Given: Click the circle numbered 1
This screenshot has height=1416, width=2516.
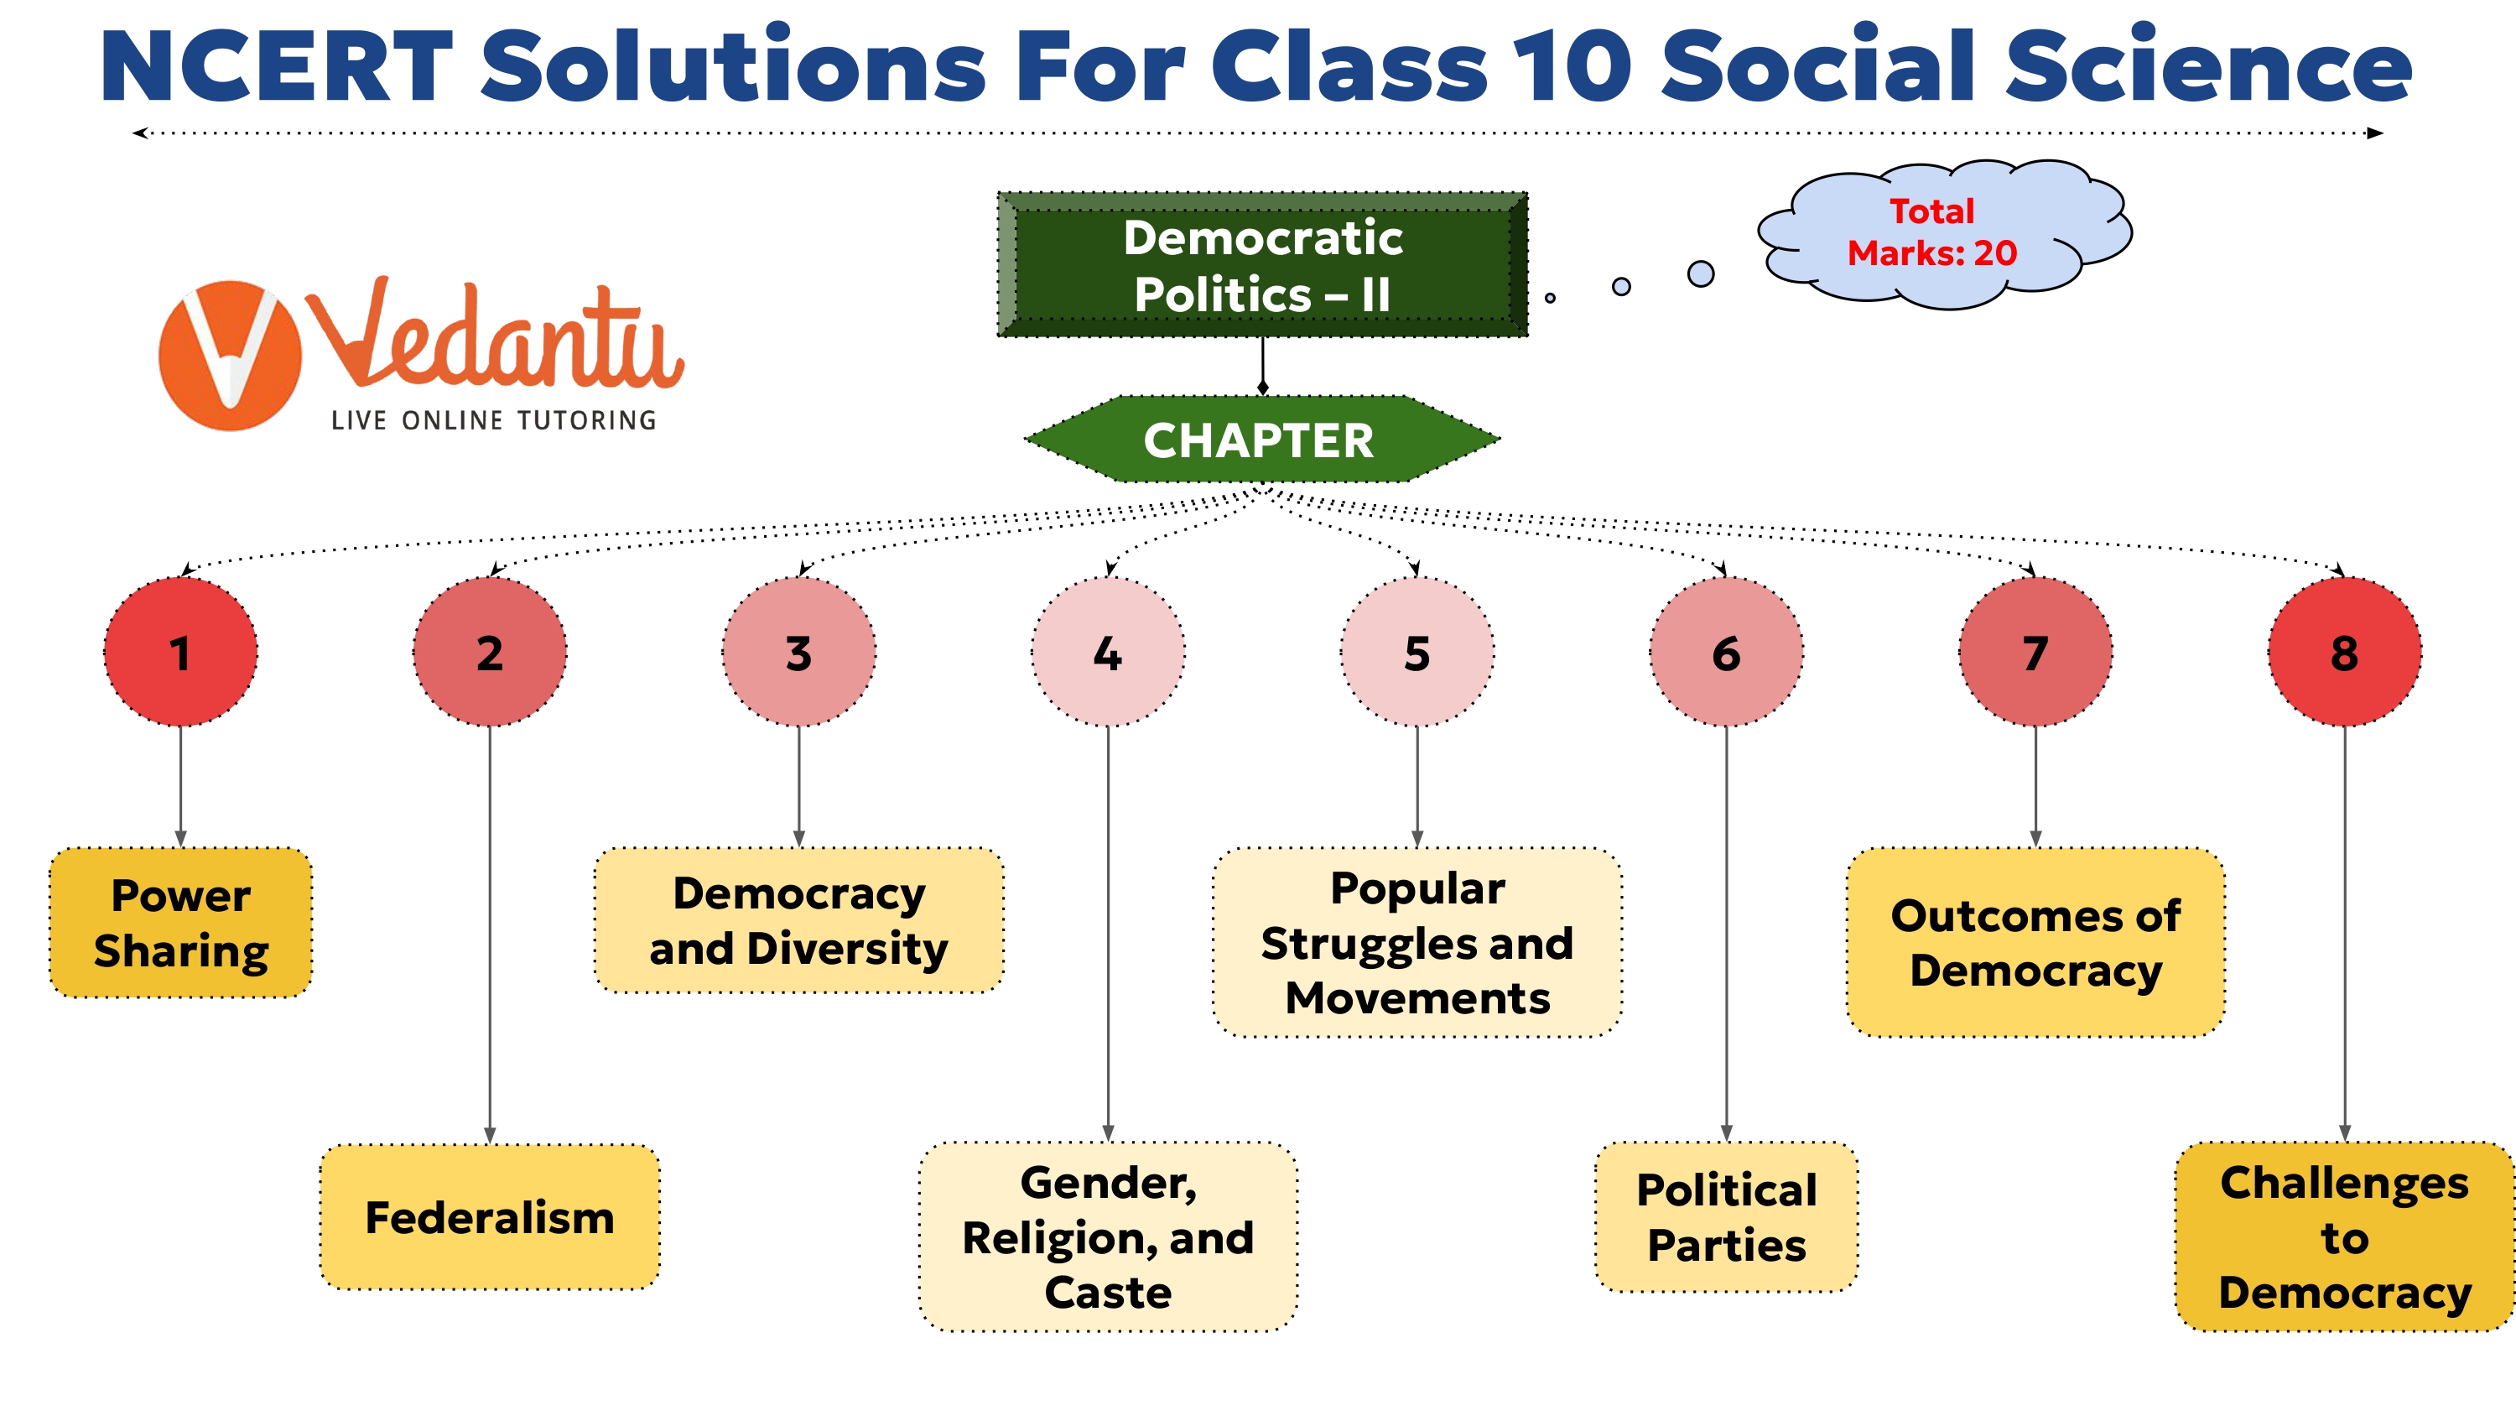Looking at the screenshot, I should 180,652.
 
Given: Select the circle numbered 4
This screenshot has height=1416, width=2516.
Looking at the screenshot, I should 1108,652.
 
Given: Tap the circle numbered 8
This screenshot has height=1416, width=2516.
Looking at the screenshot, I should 2344,652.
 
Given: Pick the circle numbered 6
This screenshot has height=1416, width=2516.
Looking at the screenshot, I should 1726,652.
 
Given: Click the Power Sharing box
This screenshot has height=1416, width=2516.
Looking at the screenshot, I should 180,923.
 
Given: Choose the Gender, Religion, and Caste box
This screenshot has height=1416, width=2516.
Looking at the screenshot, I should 1108,1236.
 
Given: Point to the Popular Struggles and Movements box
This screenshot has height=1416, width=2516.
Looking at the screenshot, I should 1417,942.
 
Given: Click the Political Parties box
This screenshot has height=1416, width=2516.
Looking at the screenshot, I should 1726,1218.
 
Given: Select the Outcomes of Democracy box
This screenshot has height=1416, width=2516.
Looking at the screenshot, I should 2035,942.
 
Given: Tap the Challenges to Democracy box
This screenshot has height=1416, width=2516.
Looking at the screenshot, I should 2344,1236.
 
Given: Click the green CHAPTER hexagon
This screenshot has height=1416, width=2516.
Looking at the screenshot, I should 1260,440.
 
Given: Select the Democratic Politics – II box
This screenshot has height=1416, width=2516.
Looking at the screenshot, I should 1262,266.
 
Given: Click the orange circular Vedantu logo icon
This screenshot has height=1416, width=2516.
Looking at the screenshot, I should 231,356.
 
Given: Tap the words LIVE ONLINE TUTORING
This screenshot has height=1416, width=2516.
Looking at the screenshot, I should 493,420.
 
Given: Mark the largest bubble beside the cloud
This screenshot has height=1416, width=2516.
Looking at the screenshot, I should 1701,273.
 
